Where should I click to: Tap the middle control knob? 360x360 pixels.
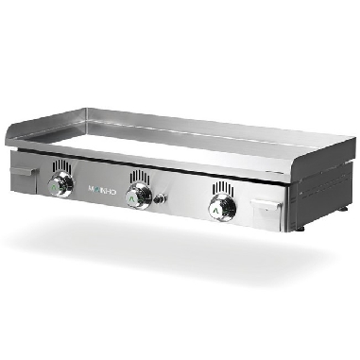coord(142,195)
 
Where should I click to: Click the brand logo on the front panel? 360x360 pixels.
coord(98,185)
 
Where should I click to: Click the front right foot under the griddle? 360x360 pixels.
coord(301,228)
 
